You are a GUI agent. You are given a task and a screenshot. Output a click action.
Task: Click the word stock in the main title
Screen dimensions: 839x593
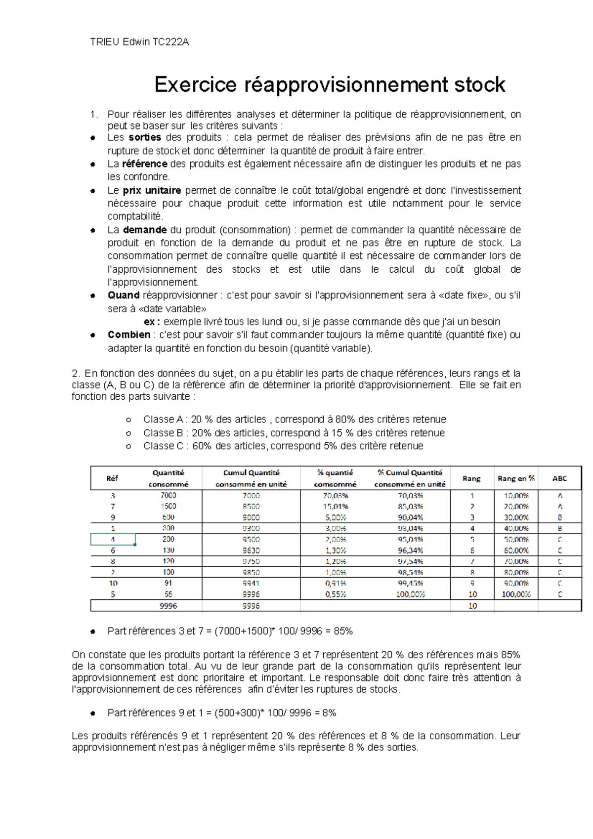[x=479, y=85]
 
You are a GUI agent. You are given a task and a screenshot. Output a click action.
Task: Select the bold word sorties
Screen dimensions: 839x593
[x=145, y=137]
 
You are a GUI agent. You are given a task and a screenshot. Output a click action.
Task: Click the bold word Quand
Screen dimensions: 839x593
[x=124, y=295]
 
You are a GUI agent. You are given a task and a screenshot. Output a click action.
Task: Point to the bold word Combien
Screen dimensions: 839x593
[x=129, y=335]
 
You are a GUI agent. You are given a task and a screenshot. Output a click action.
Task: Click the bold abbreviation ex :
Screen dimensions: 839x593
[x=152, y=322]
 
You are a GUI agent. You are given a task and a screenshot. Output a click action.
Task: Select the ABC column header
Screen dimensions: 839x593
[x=559, y=478]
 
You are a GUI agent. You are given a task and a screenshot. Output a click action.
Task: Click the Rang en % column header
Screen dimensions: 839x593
[x=516, y=478]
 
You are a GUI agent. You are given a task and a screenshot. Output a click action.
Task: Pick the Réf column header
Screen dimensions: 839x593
[x=112, y=478]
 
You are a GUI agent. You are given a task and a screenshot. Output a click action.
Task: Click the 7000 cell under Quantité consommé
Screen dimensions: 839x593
[x=168, y=495]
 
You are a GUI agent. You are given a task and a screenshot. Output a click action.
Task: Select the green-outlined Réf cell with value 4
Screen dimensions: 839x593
[x=113, y=540]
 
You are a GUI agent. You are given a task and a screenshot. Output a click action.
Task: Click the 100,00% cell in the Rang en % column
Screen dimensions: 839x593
[x=516, y=594]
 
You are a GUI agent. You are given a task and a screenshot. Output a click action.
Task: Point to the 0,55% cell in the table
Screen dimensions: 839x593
[x=336, y=594]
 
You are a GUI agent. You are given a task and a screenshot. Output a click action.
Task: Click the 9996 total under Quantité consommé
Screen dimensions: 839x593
[x=168, y=606]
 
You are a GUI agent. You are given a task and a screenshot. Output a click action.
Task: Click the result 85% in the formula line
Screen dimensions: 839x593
[x=343, y=631]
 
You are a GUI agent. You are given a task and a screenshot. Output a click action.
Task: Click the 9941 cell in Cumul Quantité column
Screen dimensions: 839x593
[x=251, y=584]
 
